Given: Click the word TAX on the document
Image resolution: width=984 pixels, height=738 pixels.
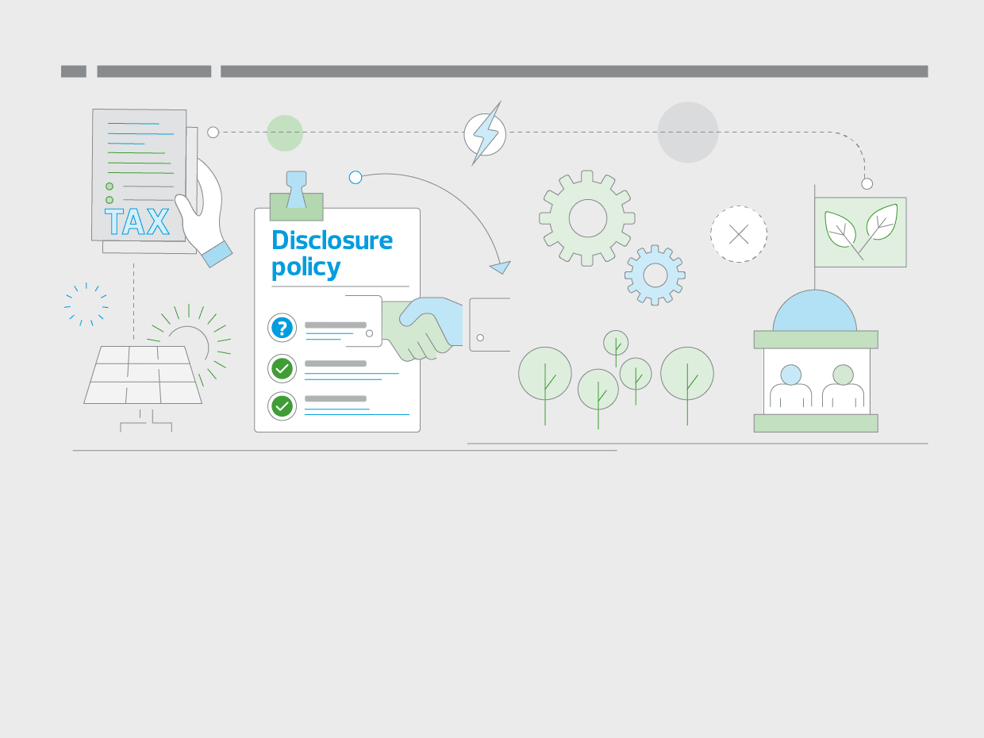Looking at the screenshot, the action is pos(136,222).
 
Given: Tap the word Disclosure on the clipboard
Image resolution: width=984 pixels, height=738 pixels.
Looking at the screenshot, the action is pos(332,240).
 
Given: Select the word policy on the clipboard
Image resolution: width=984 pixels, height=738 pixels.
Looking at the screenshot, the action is pos(306,267).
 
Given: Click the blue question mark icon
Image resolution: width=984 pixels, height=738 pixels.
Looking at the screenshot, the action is pos(282,328).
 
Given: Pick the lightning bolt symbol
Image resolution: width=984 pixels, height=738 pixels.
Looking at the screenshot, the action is pos(485,133).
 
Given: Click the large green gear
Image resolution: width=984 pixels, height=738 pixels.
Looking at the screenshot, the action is pos(587,218).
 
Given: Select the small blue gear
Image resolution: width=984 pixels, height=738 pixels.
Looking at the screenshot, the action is pos(655,275).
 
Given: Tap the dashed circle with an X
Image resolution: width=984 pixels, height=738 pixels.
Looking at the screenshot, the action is pos(739,234).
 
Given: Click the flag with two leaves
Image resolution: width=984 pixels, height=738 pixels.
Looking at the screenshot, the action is pos(860,232).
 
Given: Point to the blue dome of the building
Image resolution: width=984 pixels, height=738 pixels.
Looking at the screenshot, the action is pos(815,313).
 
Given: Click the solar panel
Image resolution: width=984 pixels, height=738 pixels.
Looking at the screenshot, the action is pos(143,375).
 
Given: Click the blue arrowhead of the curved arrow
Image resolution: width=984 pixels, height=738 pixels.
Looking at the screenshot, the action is pos(500,267).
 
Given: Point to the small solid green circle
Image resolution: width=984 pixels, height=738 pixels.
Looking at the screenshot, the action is pos(285,133).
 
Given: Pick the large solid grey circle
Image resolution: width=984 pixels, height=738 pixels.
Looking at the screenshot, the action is pos(688,133).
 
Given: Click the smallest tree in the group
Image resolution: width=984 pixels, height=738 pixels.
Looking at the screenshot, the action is pos(616,343).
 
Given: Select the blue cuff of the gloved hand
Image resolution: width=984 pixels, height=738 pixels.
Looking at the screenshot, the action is pos(217,254).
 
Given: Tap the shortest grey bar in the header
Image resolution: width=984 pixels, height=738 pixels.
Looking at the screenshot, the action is pos(74,71).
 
